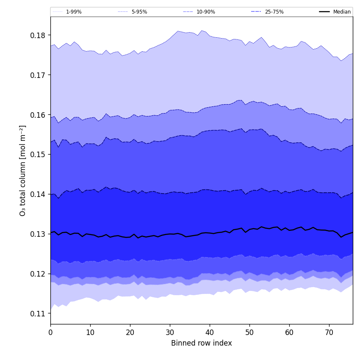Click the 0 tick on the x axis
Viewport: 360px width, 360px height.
point(50,333)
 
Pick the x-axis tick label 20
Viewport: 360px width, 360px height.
point(130,333)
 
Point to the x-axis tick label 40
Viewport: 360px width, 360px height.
point(210,333)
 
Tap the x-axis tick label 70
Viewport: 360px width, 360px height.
point(329,333)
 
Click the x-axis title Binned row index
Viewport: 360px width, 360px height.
point(202,343)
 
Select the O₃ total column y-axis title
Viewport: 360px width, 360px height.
point(23,170)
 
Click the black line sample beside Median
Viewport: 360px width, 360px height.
point(325,12)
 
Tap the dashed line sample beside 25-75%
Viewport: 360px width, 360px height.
point(256,12)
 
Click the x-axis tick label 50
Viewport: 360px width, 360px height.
point(249,333)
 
